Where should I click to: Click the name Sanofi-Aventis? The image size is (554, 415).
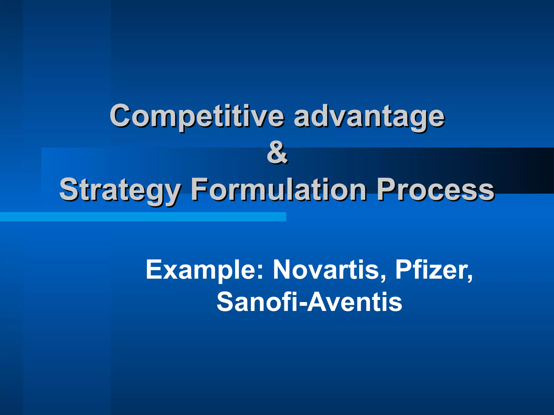(309, 302)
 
